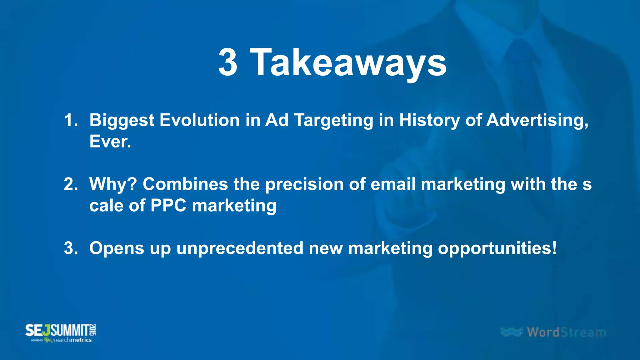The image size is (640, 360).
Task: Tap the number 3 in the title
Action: point(228,62)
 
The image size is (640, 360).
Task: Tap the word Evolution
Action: point(199,120)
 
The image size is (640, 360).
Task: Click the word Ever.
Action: point(110,142)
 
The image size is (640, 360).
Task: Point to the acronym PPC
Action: point(168,206)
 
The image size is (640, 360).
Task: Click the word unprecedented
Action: point(240,248)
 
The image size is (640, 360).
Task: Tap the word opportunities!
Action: point(497,249)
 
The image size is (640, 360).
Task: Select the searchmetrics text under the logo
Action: point(72,340)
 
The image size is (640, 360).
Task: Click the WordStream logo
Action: point(553,332)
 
